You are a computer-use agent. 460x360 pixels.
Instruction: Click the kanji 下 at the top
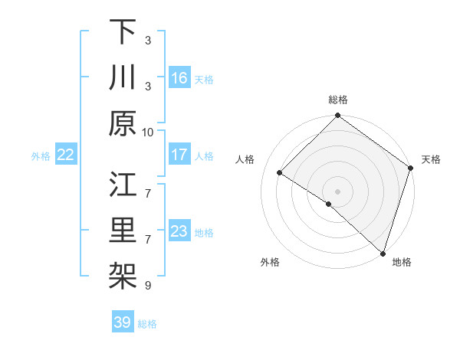click(x=123, y=32)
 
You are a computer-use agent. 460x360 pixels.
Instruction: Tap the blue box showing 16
click(x=179, y=78)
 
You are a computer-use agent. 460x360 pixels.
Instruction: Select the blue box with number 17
click(x=179, y=155)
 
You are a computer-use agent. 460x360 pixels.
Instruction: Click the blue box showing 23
click(x=179, y=231)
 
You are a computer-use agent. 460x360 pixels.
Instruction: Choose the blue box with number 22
click(x=66, y=155)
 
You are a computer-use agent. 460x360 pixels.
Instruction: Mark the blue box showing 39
click(x=122, y=322)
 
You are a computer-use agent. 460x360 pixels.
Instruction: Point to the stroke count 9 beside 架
click(x=148, y=286)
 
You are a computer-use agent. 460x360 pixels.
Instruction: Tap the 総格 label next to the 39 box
click(x=147, y=324)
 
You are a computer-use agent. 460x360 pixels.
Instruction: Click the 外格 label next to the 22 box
click(x=41, y=156)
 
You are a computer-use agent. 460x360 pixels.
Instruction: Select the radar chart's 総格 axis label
click(x=338, y=100)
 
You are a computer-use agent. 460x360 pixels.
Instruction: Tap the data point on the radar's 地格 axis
click(x=383, y=253)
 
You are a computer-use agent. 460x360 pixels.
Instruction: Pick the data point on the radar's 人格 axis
click(x=280, y=172)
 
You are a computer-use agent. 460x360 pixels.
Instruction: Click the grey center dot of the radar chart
click(x=338, y=191)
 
